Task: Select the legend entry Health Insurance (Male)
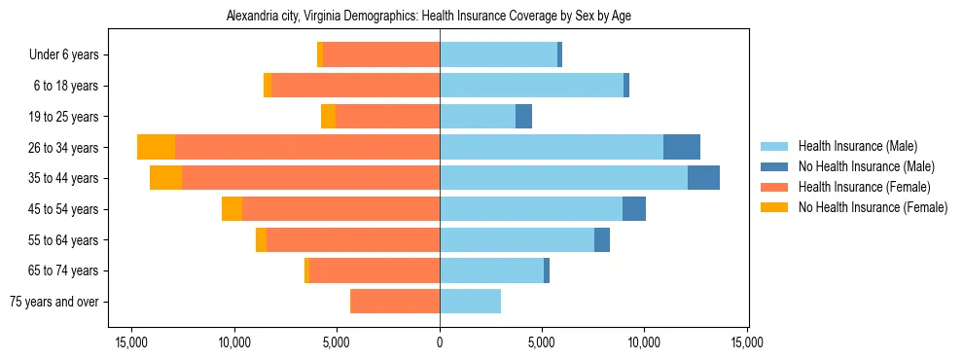tap(857, 147)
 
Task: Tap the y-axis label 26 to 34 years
tap(65, 148)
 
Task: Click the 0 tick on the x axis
tap(440, 342)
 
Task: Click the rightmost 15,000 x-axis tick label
tap(747, 342)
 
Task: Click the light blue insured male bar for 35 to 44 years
tap(563, 178)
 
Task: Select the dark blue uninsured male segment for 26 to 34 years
tap(682, 147)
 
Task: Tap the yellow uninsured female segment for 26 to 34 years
tap(156, 147)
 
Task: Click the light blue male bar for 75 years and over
tap(470, 302)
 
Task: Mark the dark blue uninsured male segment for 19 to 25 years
tap(523, 117)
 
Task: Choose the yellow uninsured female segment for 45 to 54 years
tap(232, 209)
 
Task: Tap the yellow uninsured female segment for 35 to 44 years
tap(165, 178)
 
